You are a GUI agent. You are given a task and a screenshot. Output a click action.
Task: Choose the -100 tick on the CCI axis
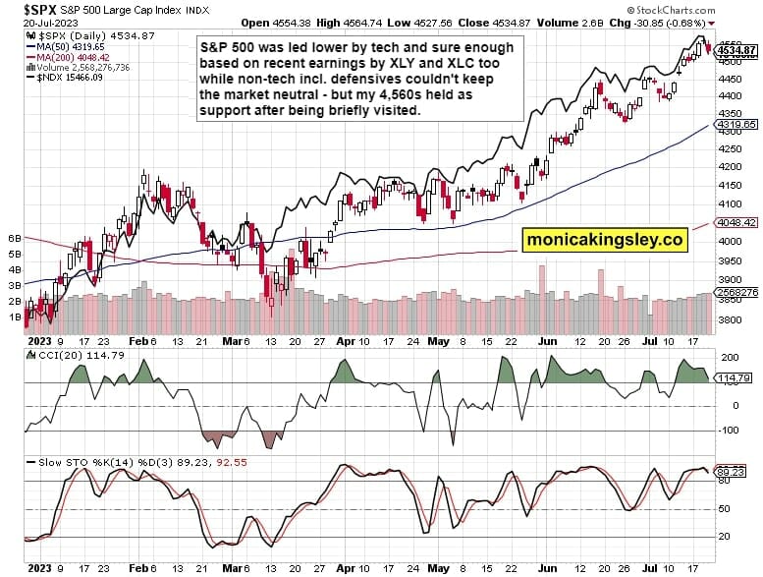tap(731, 430)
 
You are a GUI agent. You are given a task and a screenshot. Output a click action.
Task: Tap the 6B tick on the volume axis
tap(15, 239)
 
